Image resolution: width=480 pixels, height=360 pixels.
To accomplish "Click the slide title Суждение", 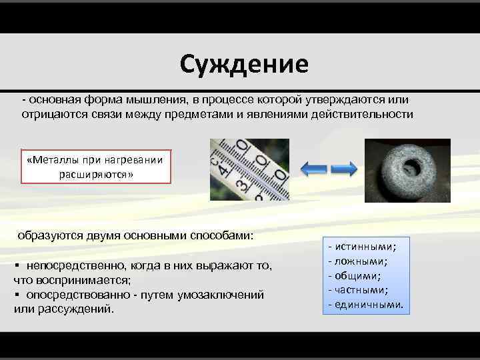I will click(x=243, y=64).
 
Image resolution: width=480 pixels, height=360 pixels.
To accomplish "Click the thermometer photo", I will click(x=249, y=169).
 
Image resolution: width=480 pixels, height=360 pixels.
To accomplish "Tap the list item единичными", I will click(x=369, y=305).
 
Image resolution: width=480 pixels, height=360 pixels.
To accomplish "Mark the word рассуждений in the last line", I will click(x=73, y=309).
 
